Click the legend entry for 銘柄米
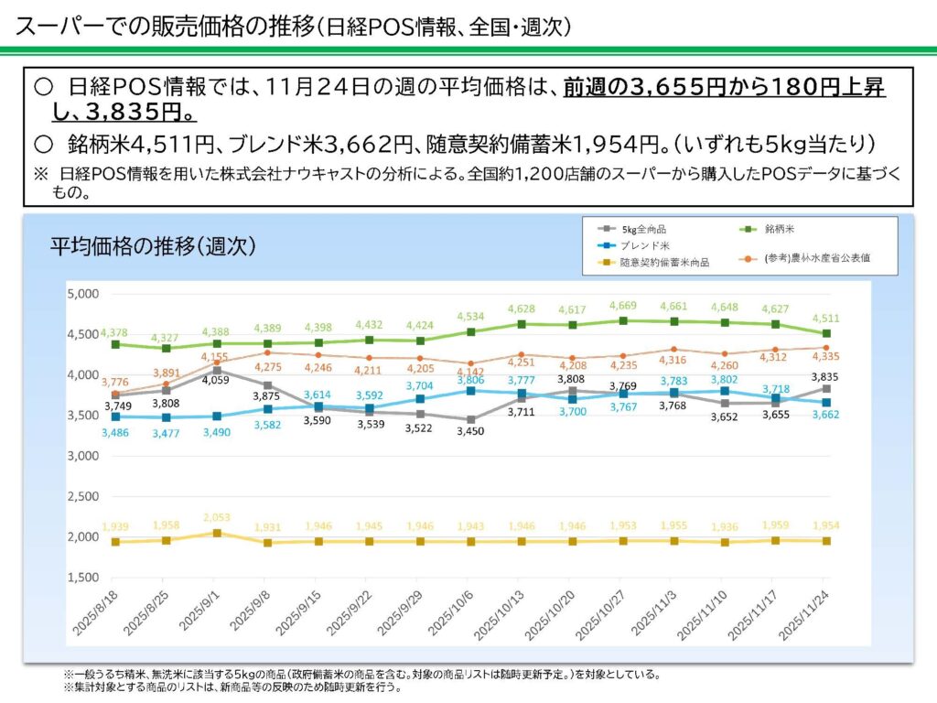click(x=766, y=228)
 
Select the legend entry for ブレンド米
click(x=646, y=244)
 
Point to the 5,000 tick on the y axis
click(x=84, y=294)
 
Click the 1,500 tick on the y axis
click(x=84, y=578)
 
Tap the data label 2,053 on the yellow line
click(x=216, y=517)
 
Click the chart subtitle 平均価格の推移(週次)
click(x=152, y=247)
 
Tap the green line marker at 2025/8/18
click(x=115, y=344)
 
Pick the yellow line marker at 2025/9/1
click(x=216, y=533)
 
